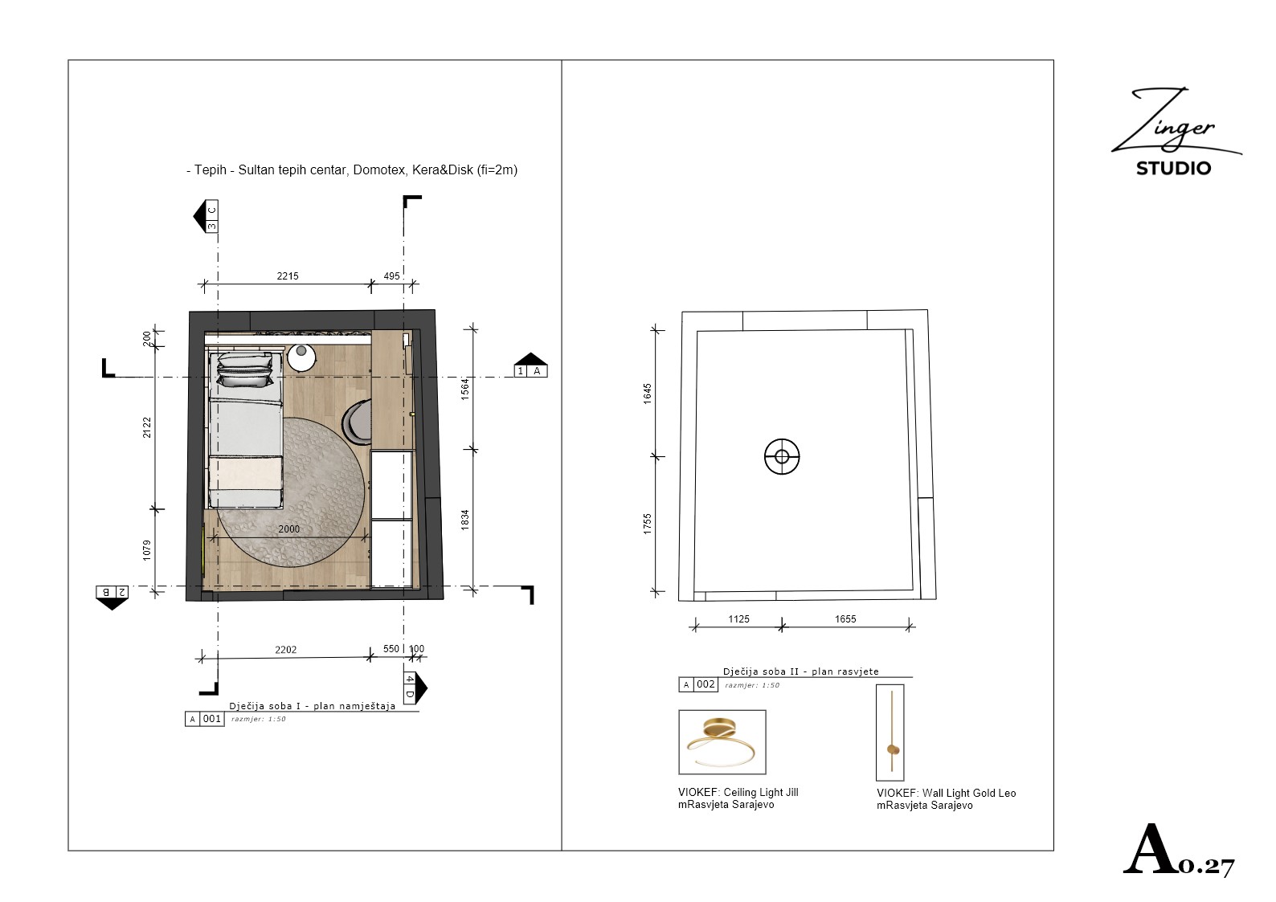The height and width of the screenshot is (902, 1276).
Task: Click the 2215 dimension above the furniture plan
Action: (x=287, y=276)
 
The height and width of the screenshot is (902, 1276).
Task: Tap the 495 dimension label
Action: (x=391, y=276)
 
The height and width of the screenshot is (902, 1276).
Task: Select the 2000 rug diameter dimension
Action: (x=288, y=529)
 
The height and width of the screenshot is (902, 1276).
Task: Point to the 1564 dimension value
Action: (x=464, y=389)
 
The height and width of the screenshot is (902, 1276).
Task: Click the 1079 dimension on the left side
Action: (x=147, y=551)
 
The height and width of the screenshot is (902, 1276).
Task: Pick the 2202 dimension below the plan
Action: (x=285, y=650)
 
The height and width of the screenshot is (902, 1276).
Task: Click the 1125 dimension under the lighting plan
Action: (x=738, y=619)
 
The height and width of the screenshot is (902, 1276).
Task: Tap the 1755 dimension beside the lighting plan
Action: (x=647, y=524)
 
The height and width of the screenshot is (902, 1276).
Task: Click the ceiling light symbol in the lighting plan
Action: (x=782, y=457)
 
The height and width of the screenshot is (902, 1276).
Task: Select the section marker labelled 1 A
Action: (x=530, y=365)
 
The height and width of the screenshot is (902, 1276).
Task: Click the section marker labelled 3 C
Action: (x=207, y=216)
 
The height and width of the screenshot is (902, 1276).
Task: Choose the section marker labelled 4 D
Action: (x=415, y=688)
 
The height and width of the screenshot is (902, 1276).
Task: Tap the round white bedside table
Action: (x=301, y=357)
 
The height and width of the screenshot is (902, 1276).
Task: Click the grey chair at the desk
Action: (x=357, y=422)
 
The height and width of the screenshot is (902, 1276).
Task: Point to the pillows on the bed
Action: (x=245, y=369)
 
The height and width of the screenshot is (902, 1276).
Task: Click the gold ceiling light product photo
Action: (x=722, y=742)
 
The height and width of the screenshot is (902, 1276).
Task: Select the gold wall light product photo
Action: (x=890, y=733)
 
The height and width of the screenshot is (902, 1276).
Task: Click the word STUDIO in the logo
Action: (x=1173, y=169)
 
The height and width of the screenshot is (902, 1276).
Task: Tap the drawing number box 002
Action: (x=705, y=684)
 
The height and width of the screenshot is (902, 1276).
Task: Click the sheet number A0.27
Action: (x=1178, y=849)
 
